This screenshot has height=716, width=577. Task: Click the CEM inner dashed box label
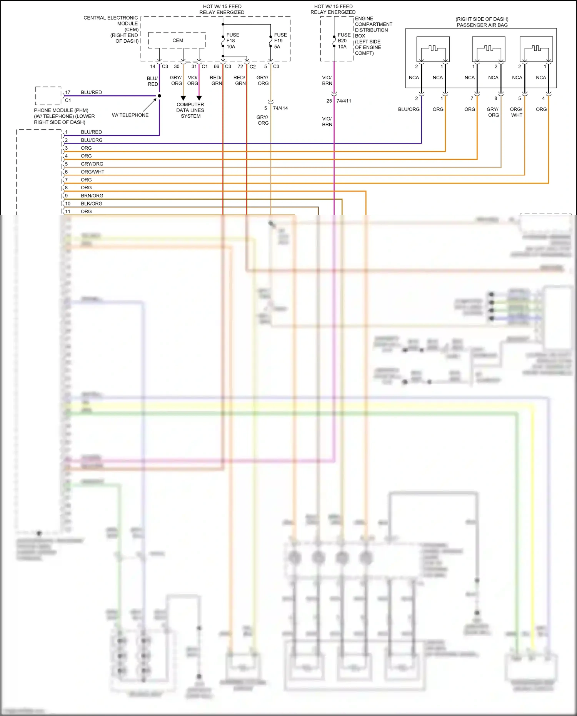(x=178, y=40)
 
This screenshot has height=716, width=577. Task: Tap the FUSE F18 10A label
(x=232, y=41)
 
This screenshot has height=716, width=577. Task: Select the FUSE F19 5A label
(x=280, y=41)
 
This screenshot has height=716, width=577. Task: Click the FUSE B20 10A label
(x=344, y=41)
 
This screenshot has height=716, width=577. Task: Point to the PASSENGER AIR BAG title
(x=482, y=25)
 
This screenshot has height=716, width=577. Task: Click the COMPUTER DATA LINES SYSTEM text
(x=190, y=110)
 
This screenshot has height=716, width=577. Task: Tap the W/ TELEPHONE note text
(x=130, y=115)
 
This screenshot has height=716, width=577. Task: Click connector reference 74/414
(x=280, y=108)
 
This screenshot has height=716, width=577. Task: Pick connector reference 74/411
(x=344, y=101)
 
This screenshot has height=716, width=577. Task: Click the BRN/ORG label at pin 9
(x=92, y=195)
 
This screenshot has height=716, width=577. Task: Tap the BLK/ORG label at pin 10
(x=92, y=204)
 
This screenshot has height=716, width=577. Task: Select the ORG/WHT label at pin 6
(x=92, y=172)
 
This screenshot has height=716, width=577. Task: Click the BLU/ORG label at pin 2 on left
(x=92, y=140)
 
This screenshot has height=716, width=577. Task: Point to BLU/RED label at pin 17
(x=91, y=92)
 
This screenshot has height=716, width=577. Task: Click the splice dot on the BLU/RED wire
(x=159, y=96)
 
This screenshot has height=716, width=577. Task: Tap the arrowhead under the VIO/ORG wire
(x=199, y=98)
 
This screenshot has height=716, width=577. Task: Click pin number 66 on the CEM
(x=216, y=67)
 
